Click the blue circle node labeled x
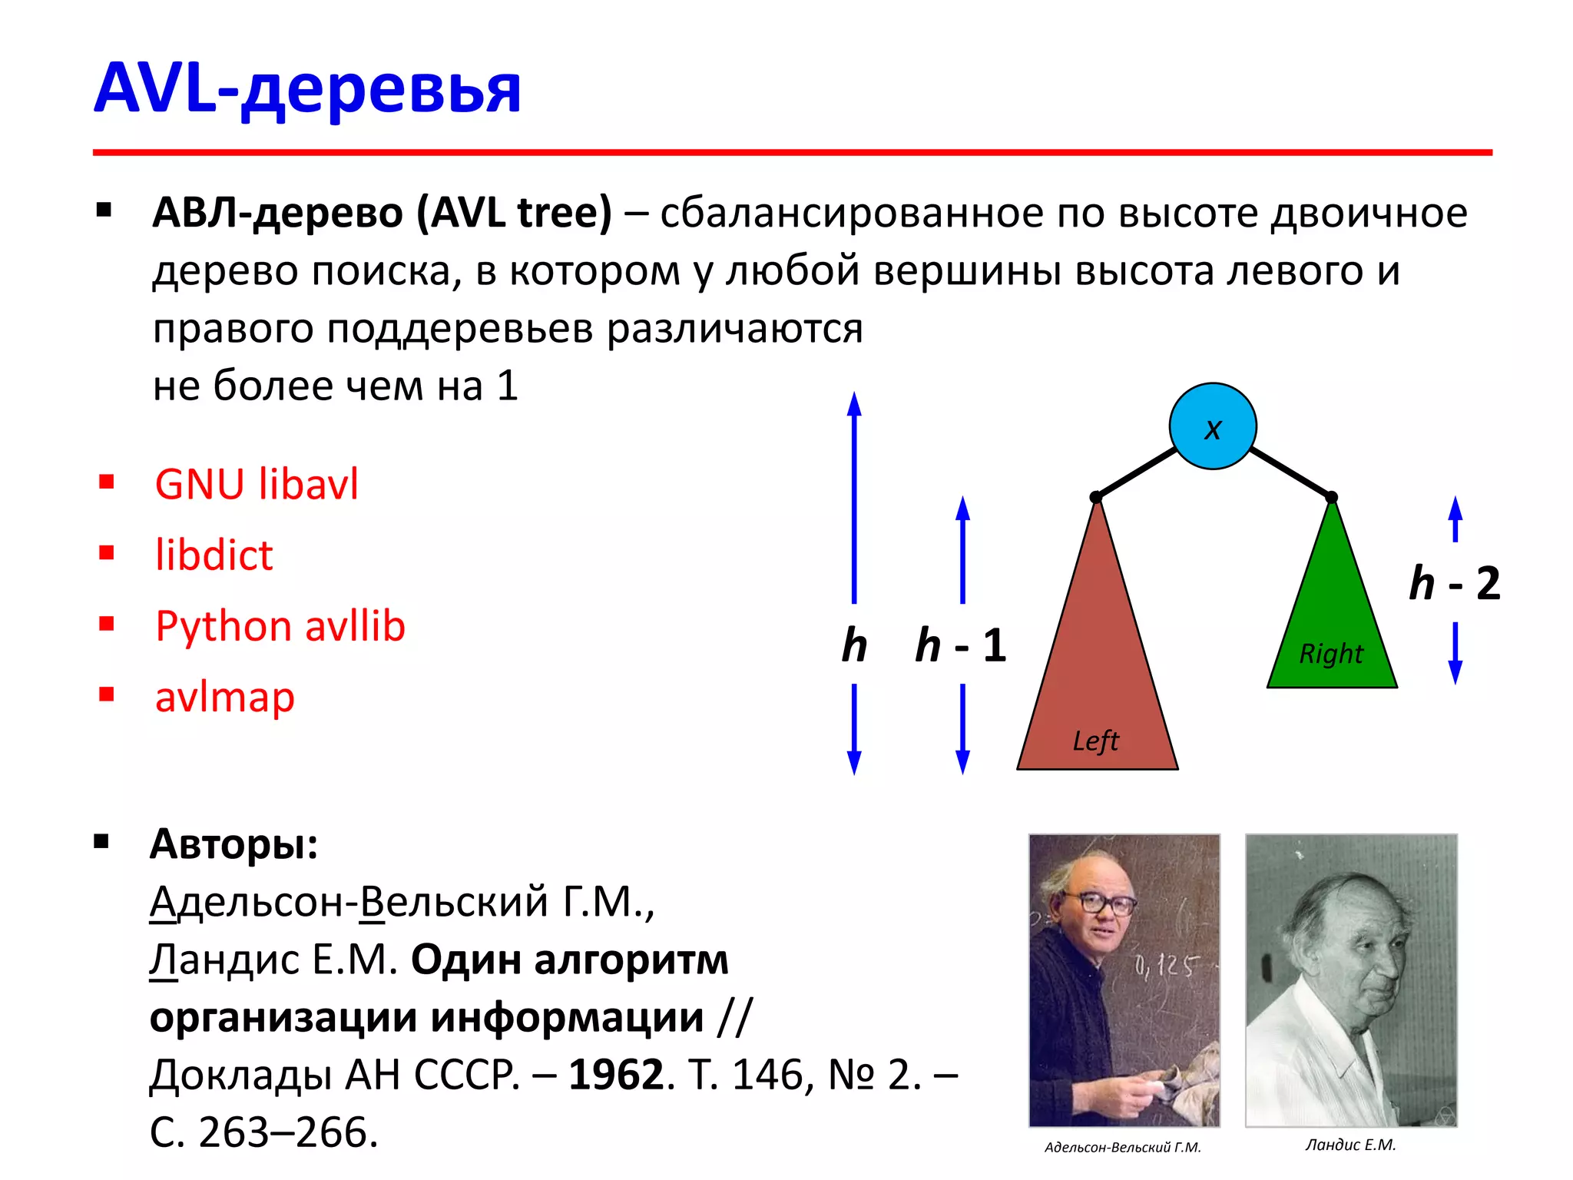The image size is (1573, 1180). pyautogui.click(x=1212, y=426)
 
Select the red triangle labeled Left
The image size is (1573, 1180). pyautogui.click(x=1097, y=676)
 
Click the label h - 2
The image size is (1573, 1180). pyautogui.click(x=1454, y=583)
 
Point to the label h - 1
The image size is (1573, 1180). pyautogui.click(x=960, y=645)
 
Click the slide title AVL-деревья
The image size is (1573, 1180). pyautogui.click(x=307, y=89)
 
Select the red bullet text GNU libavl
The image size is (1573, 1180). pyautogui.click(x=257, y=485)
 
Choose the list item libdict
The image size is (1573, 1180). pyautogui.click(x=214, y=555)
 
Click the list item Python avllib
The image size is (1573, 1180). pyautogui.click(x=280, y=626)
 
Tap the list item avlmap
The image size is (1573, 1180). pyautogui.click(x=224, y=698)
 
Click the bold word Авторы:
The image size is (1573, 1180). pyautogui.click(x=233, y=844)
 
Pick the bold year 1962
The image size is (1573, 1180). pyautogui.click(x=616, y=1074)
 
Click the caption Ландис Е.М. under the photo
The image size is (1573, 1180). pyautogui.click(x=1350, y=1145)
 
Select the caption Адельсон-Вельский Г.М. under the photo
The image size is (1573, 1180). pyautogui.click(x=1122, y=1147)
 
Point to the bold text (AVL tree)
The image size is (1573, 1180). pyautogui.click(x=514, y=213)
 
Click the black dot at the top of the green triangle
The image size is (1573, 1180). pyautogui.click(x=1332, y=498)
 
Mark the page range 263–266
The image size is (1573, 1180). pyautogui.click(x=288, y=1132)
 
